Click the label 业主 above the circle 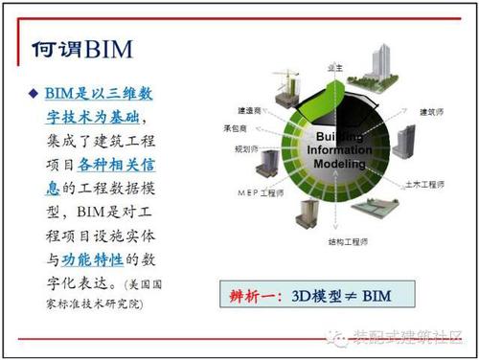point(335,69)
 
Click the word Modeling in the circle point(339,164)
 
